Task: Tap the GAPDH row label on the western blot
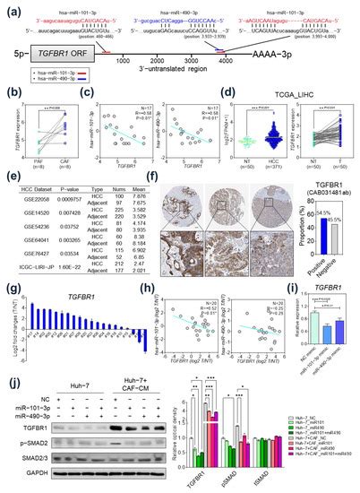click(27, 472)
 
